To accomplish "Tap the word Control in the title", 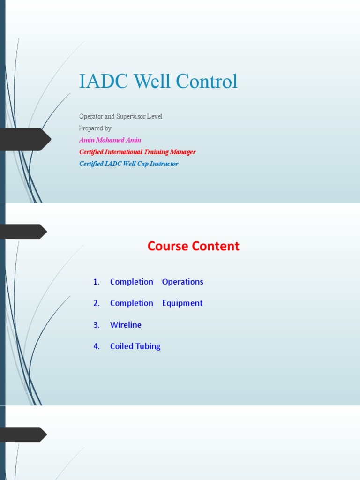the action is pos(207,81).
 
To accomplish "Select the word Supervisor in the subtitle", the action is pos(131,116).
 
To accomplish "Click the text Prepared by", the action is pos(95,128).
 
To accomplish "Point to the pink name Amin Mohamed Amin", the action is pos(110,140).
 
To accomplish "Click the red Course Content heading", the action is pos(194,246).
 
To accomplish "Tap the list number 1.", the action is pos(97,282).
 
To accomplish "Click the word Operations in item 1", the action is pos(183,282).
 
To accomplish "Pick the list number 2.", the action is pos(97,303).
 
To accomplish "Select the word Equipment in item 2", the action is pos(182,303).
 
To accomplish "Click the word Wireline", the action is pos(126,325).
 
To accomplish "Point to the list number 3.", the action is pos(97,325).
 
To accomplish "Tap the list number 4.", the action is pos(97,346).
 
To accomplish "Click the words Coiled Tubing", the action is pos(135,346).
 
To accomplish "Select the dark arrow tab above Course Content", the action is pos(23,232).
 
